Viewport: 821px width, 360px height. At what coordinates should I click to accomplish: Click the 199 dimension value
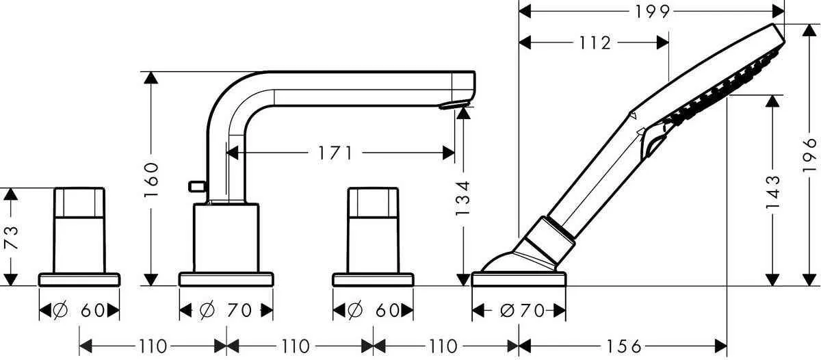[651, 11]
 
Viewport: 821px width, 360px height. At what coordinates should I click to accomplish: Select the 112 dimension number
[593, 43]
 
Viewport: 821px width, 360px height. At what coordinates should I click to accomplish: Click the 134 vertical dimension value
[464, 199]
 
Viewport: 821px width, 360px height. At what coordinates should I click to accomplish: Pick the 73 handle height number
[9, 237]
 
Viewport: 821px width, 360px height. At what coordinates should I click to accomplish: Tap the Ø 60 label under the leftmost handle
[80, 311]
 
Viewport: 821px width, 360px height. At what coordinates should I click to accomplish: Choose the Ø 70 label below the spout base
[226, 311]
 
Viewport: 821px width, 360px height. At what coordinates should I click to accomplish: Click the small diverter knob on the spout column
[196, 185]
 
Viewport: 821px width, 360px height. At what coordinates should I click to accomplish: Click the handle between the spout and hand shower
[373, 229]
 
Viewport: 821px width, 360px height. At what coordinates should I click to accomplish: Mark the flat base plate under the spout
[226, 279]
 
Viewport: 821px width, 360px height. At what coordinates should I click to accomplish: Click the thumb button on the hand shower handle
[653, 144]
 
